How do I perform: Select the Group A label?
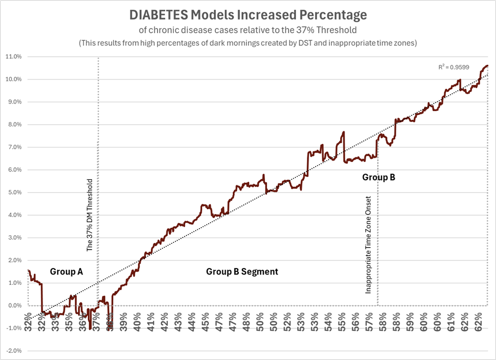[66, 271]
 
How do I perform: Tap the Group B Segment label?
[242, 271]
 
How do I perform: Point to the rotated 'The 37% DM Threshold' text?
[90, 215]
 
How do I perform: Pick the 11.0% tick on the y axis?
[13, 57]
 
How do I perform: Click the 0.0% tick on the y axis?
[14, 306]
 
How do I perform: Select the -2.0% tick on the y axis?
[13, 351]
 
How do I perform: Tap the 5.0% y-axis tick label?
[14, 192]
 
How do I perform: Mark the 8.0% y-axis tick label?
[14, 124]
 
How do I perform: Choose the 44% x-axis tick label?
[192, 318]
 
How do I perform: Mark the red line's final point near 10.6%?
[487, 66]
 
